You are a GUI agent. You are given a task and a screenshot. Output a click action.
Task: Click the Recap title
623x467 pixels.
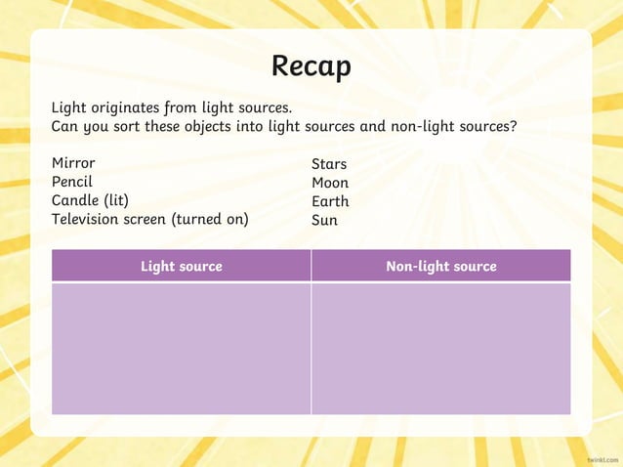(x=311, y=66)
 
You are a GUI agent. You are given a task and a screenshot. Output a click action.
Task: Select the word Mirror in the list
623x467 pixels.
(x=73, y=163)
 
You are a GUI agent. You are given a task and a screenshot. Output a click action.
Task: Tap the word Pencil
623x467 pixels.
(x=72, y=182)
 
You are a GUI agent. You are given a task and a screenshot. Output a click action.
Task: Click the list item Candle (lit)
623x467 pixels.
(x=90, y=200)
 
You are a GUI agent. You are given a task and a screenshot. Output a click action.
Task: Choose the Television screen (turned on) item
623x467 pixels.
(x=149, y=219)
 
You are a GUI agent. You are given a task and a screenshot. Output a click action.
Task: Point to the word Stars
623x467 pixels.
(x=329, y=164)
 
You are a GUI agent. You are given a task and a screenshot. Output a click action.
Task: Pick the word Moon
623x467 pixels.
(x=330, y=183)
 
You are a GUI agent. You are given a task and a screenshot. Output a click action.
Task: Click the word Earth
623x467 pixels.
(x=330, y=201)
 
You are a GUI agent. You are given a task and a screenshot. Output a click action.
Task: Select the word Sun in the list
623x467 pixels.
(x=324, y=220)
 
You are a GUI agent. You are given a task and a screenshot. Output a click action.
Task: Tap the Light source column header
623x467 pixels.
(x=181, y=266)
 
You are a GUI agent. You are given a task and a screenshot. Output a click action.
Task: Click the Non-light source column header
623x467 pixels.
(x=441, y=266)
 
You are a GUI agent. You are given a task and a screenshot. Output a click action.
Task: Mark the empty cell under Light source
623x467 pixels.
(x=181, y=348)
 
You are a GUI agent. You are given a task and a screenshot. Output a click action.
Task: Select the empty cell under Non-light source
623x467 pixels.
(x=441, y=348)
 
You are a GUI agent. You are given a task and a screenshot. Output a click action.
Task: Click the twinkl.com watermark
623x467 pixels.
(x=602, y=457)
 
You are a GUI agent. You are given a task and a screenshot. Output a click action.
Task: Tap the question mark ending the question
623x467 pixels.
(x=514, y=126)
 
